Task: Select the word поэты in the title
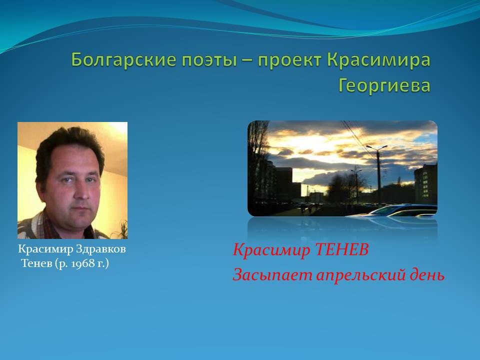209,59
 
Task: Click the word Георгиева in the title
384,85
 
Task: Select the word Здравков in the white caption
100,249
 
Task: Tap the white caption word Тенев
37,263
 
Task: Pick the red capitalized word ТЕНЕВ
341,249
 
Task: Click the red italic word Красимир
271,250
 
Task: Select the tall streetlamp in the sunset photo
378,173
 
